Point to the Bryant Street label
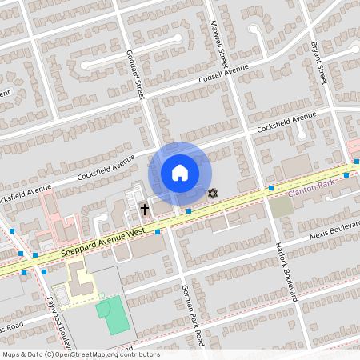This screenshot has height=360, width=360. click(x=320, y=64)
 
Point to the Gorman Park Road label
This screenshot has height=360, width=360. click(x=192, y=315)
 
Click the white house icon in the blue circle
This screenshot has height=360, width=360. click(x=180, y=172)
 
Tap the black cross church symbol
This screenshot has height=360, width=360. click(x=145, y=210)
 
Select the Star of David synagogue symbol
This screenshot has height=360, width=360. click(x=213, y=194)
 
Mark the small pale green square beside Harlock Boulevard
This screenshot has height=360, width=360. click(x=281, y=206)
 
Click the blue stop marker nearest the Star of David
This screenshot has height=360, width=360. click(x=189, y=211)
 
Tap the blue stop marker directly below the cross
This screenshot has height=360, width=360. click(x=158, y=232)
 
